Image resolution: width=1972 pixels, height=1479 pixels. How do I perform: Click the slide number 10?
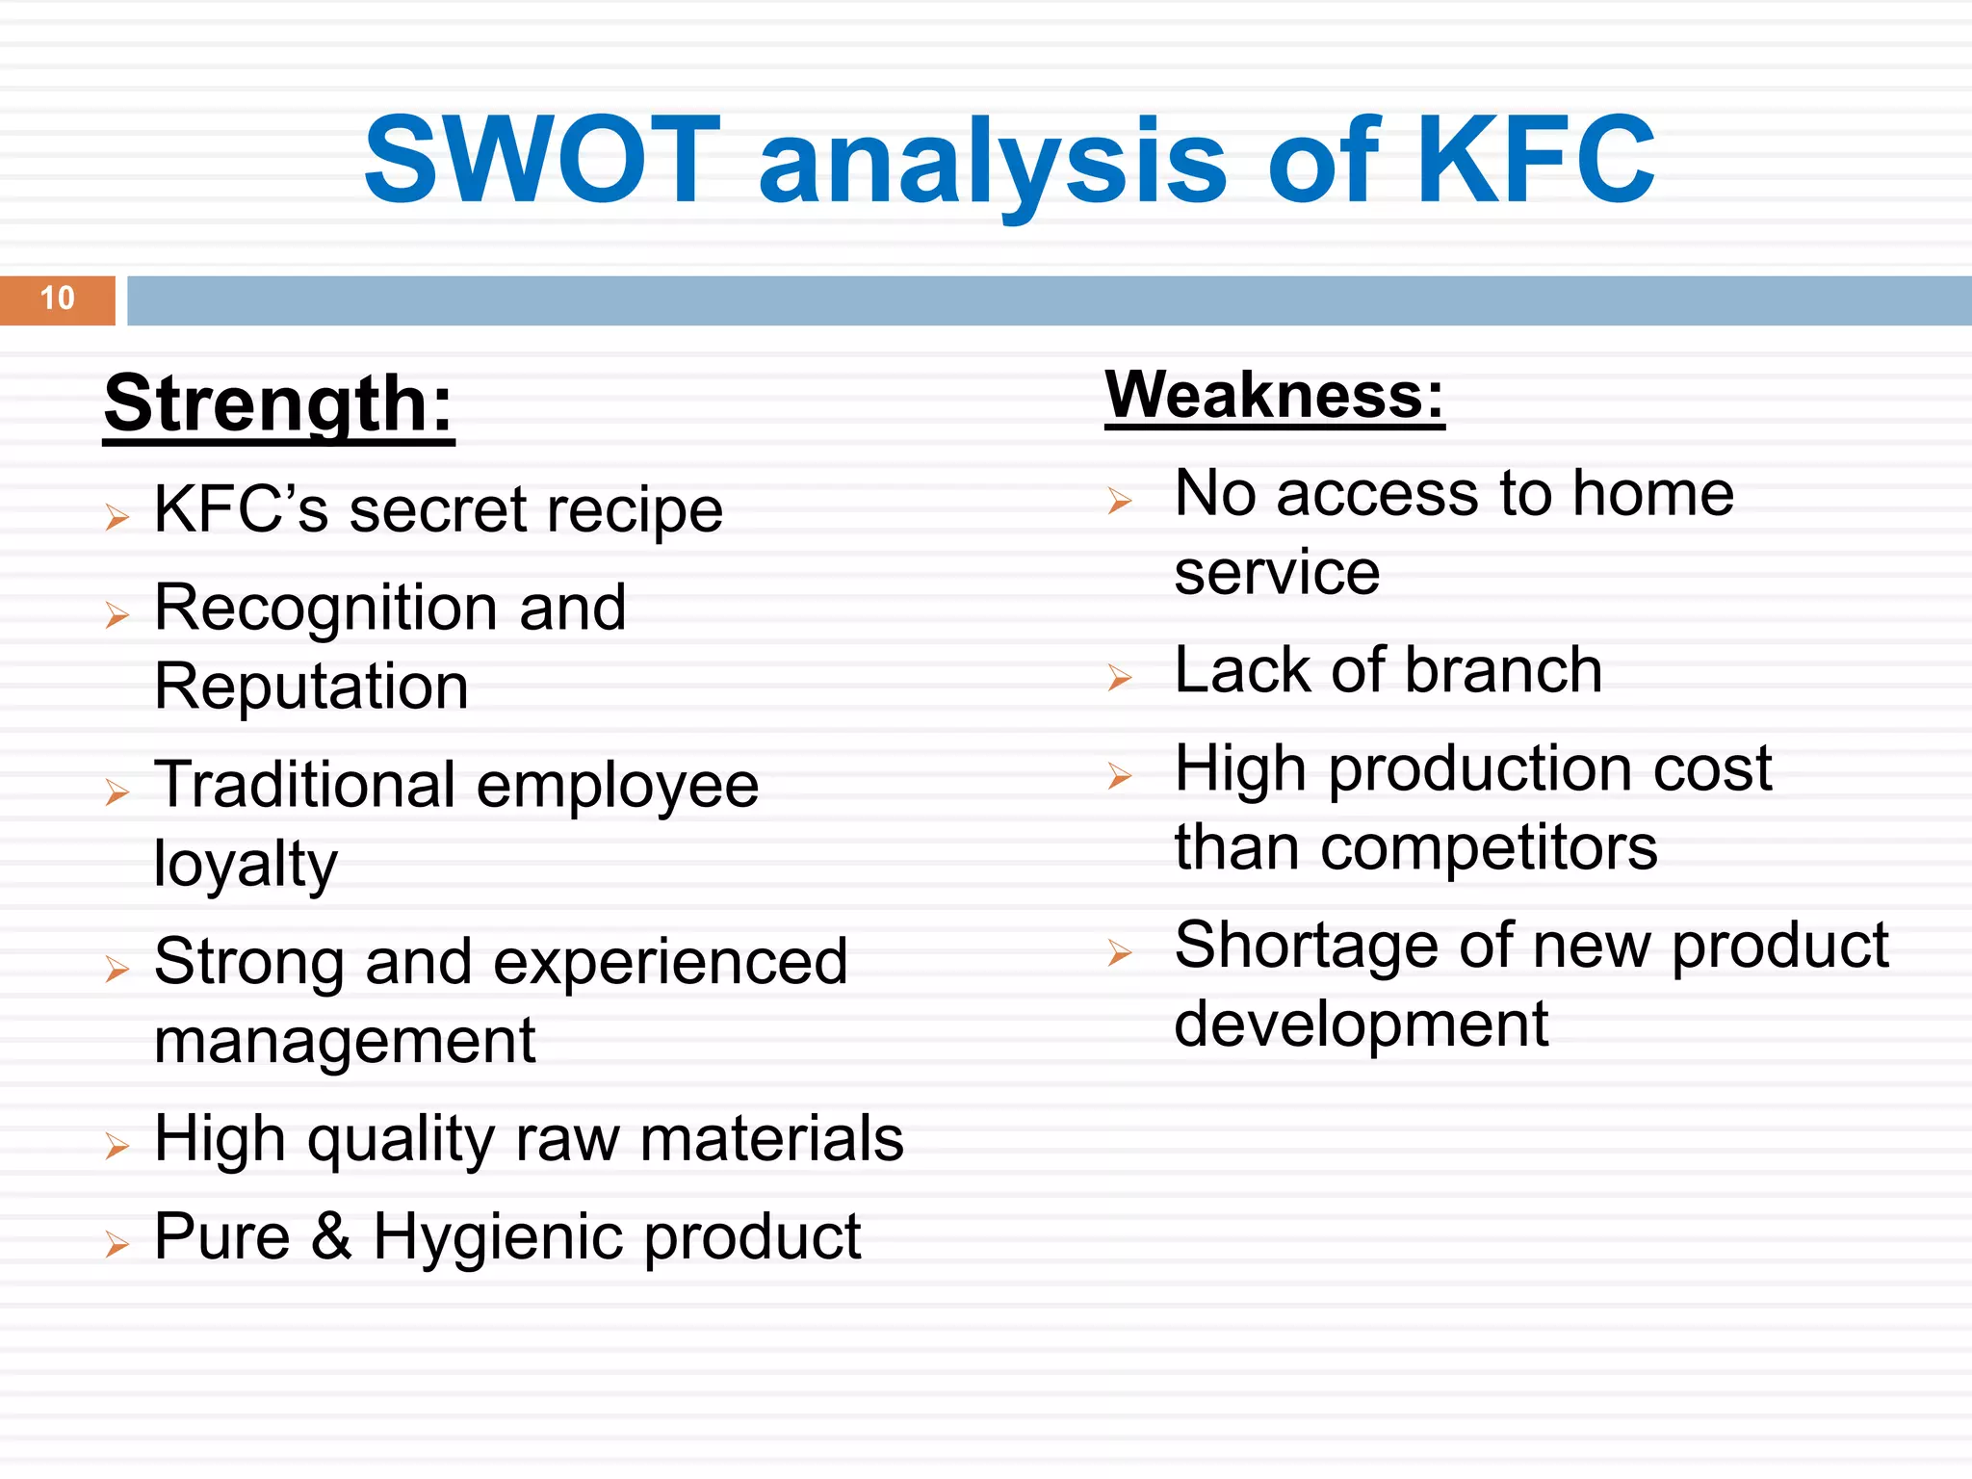58,298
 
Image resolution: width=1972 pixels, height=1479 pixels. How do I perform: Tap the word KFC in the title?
1535,161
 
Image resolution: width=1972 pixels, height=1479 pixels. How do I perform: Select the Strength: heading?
278,404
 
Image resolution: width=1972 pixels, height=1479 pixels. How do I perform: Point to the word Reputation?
311,688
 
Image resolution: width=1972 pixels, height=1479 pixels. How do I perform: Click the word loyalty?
246,865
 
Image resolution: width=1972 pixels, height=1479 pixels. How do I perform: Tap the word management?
344,1042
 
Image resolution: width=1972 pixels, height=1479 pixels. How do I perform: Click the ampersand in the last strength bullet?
331,1237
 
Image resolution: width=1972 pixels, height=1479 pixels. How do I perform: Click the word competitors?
1489,849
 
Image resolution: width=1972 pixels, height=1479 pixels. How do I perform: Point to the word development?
1361,1025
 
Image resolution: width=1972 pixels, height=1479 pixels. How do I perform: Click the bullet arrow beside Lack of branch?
1119,678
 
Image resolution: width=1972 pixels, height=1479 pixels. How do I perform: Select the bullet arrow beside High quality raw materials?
117,1146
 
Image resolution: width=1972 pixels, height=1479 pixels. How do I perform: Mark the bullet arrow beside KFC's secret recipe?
117,517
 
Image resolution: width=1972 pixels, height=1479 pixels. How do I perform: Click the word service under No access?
1277,574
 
